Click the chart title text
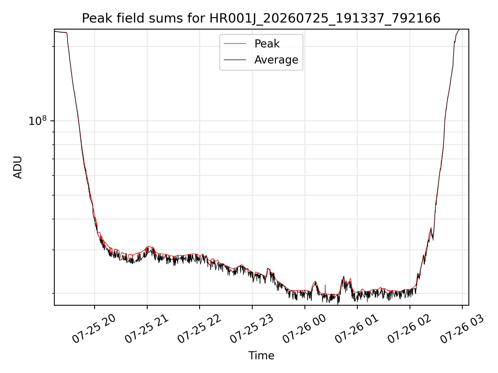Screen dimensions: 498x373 (261, 18)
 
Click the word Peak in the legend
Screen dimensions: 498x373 (267, 44)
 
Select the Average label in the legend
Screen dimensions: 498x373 (276, 60)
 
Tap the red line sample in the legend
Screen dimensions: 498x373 (235, 44)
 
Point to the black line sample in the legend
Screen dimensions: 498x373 (235, 60)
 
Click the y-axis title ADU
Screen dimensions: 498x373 (18, 167)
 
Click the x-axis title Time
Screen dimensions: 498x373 (261, 356)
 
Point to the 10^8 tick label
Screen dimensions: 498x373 (38, 121)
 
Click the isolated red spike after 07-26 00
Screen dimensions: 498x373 (325, 289)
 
